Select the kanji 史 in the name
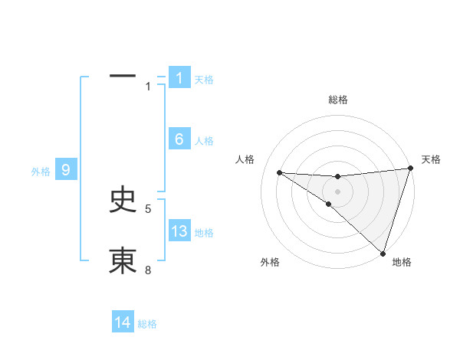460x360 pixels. click(123, 200)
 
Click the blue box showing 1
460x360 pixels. click(179, 77)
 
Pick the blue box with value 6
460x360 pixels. click(179, 139)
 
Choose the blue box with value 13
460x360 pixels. click(179, 231)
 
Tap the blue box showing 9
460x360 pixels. click(66, 170)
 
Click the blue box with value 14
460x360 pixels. click(123, 323)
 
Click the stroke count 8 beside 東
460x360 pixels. click(149, 270)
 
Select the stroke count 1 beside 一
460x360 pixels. click(149, 86)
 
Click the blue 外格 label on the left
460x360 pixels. click(41, 172)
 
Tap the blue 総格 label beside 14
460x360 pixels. click(147, 324)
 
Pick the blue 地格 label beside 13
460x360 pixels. click(204, 233)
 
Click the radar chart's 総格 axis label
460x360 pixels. click(337, 100)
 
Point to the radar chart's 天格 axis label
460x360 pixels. click(431, 159)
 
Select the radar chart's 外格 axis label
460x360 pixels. click(270, 263)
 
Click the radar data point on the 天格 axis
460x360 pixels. click(411, 169)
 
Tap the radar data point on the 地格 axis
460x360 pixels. click(383, 252)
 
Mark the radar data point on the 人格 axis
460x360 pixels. click(279, 172)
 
